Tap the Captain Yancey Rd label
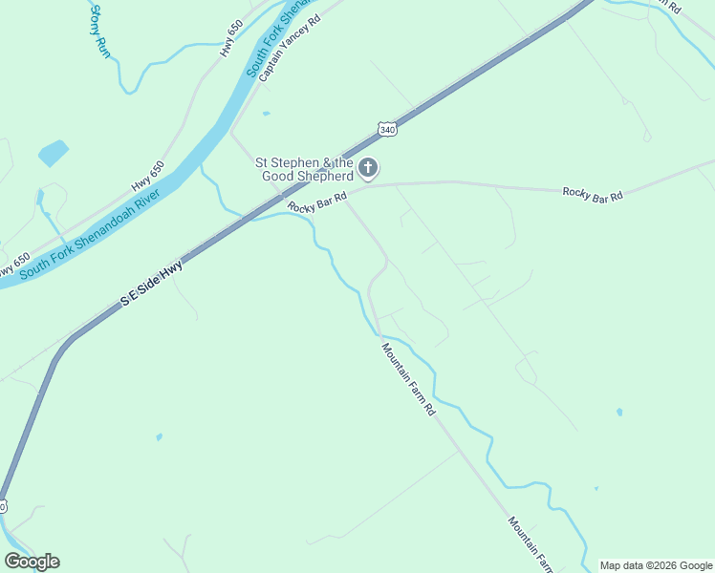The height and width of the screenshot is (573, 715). (x=289, y=46)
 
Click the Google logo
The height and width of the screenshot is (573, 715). (x=32, y=562)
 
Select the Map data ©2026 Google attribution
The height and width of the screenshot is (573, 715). (x=656, y=565)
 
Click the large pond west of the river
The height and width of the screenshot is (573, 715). (x=53, y=153)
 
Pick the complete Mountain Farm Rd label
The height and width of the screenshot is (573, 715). (x=409, y=379)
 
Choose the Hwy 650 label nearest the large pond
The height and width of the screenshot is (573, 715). (x=148, y=176)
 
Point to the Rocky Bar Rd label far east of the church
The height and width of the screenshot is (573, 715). (x=593, y=193)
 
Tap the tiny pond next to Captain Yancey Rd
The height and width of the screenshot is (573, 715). (x=266, y=114)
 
